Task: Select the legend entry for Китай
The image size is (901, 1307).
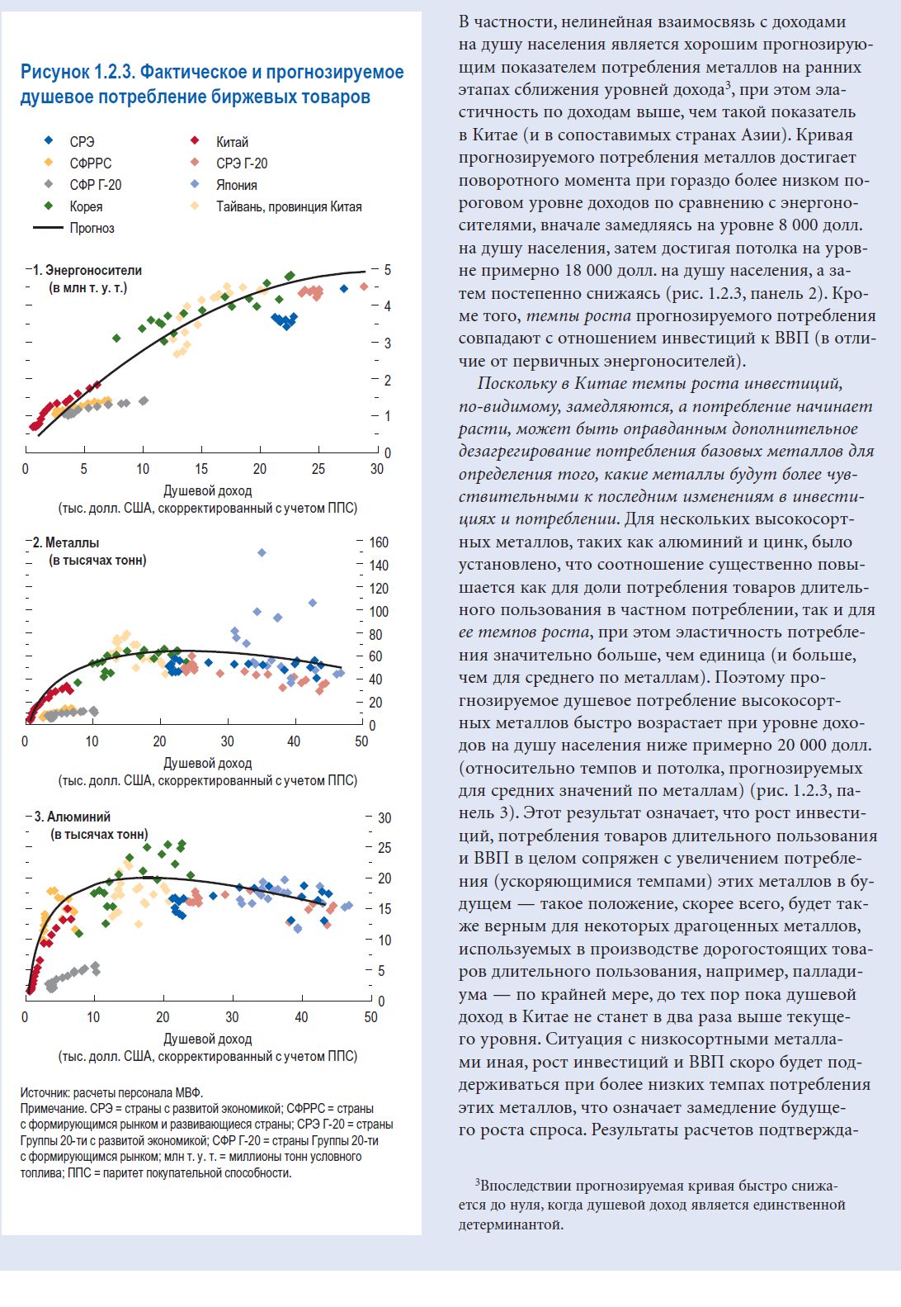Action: (219, 142)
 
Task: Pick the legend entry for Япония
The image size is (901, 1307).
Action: (224, 185)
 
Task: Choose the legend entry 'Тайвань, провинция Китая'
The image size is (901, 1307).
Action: (276, 206)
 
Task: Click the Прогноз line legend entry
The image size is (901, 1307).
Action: (73, 228)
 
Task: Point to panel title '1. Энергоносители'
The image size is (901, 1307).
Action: (87, 270)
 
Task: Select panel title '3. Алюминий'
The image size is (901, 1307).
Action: (73, 817)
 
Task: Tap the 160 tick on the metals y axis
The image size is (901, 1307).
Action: (379, 542)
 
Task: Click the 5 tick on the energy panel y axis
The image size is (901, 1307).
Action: (388, 270)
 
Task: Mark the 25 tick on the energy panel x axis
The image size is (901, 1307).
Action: (318, 469)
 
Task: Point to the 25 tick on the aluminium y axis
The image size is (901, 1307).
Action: (384, 848)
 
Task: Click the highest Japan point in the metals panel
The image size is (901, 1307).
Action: (262, 552)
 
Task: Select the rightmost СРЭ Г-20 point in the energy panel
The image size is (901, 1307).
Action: (364, 286)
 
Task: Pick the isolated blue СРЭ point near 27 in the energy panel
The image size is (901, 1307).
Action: (344, 289)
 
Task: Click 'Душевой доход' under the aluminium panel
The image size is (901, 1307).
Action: (208, 1039)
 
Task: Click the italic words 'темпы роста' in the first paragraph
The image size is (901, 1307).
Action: (578, 316)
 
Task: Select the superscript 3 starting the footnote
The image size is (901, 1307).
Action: (478, 1182)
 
